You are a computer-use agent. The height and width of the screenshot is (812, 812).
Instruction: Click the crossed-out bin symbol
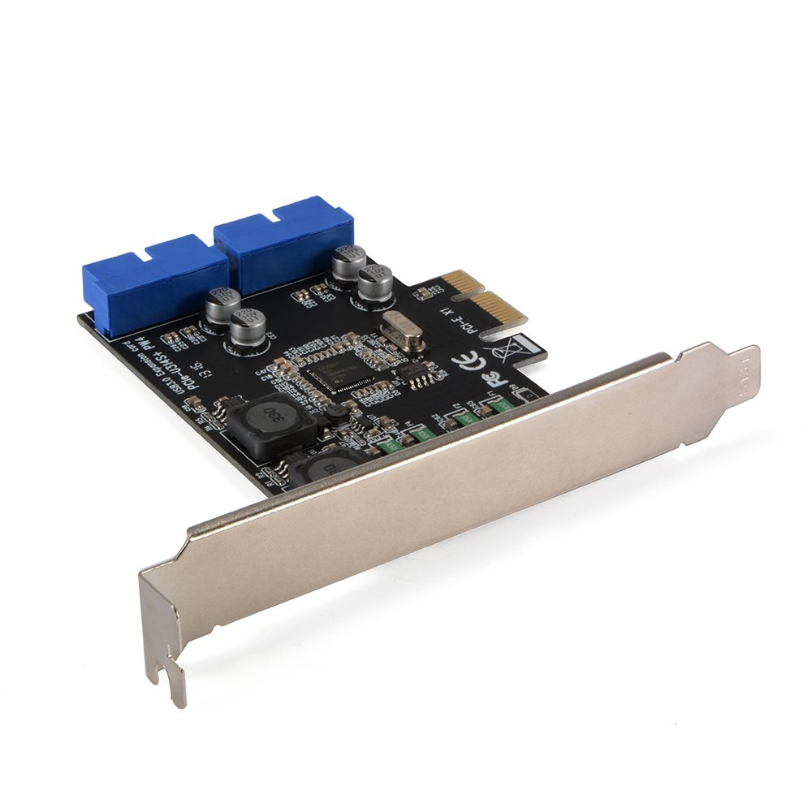pos(501,351)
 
